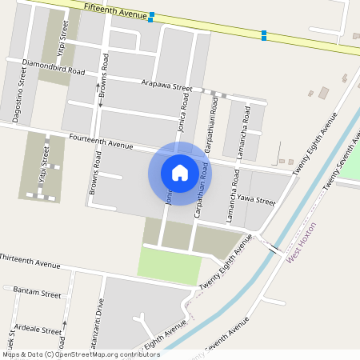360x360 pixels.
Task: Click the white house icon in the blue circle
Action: coord(180,172)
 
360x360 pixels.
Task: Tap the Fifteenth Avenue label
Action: coord(116,10)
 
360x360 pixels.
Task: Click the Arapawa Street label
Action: coord(166,85)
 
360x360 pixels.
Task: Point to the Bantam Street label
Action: coord(38,294)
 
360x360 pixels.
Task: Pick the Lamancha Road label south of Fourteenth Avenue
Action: coord(232,196)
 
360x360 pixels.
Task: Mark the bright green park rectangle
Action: coord(169,266)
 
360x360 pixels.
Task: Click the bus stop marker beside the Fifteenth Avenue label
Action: coord(151,16)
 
